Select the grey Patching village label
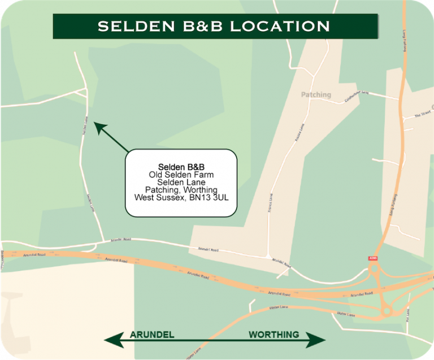click(316, 95)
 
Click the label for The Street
click(422, 114)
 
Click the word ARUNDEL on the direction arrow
click(152, 335)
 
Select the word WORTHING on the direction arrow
click(274, 335)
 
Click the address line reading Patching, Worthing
click(181, 190)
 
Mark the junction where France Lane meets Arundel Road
click(267, 256)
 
